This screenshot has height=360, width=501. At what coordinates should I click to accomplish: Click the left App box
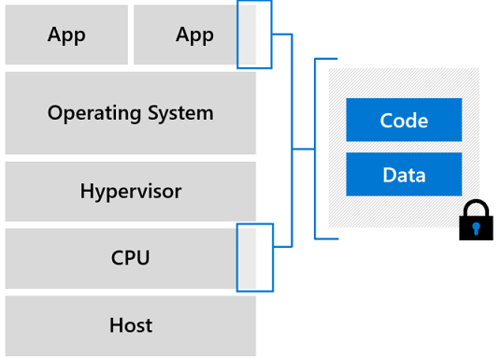click(x=66, y=36)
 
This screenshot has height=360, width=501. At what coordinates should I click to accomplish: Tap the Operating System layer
click(x=130, y=113)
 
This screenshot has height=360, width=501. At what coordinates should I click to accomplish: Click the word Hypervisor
click(x=130, y=192)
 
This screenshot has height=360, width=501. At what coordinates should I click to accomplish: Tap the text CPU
click(x=130, y=258)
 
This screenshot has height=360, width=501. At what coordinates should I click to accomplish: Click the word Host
click(x=130, y=325)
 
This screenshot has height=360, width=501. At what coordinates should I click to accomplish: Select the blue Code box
click(x=404, y=120)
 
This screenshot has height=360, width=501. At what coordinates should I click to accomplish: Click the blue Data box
click(x=404, y=175)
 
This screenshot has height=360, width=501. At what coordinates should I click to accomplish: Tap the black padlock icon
click(x=476, y=223)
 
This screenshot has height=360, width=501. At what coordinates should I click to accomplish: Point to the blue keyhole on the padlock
click(x=476, y=228)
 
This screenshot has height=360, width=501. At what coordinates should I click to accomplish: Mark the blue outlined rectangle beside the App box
click(x=254, y=35)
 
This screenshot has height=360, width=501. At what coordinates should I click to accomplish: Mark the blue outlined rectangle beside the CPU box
click(x=254, y=257)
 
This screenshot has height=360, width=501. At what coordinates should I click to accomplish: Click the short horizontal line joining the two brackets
click(x=304, y=149)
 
